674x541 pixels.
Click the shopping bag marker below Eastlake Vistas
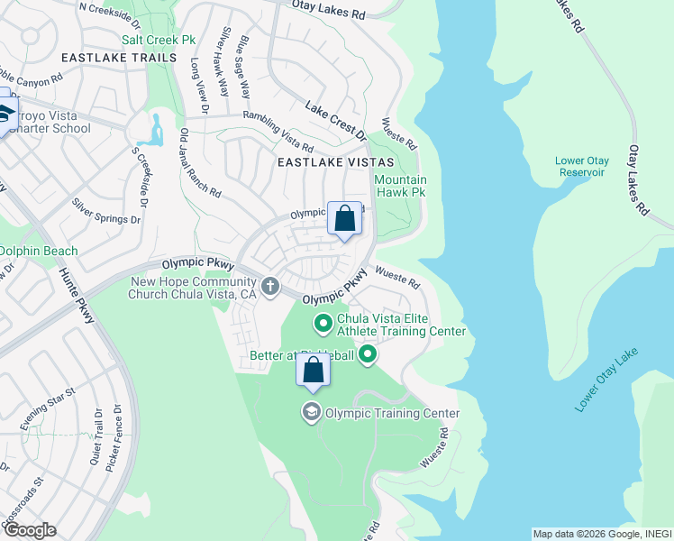pyautogui.click(x=344, y=218)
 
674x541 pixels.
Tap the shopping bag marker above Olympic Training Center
pyautogui.click(x=313, y=371)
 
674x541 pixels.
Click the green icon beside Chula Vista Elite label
pyautogui.click(x=323, y=323)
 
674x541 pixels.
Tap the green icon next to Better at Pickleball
pyautogui.click(x=367, y=355)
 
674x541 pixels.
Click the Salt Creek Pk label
pyautogui.click(x=158, y=41)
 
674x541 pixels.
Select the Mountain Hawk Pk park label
pyautogui.click(x=399, y=187)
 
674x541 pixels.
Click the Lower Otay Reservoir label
pyautogui.click(x=582, y=167)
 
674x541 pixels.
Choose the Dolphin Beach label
pyautogui.click(x=38, y=251)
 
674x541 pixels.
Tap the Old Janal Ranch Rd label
pyautogui.click(x=199, y=163)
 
